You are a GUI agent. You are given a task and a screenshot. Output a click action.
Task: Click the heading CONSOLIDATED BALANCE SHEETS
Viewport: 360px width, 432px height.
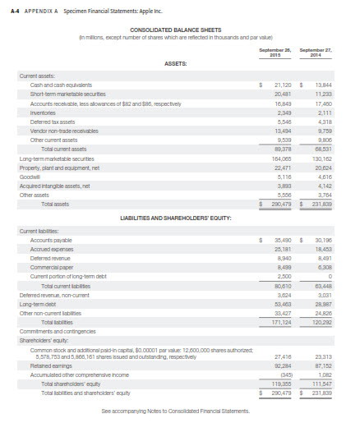[180, 30]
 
